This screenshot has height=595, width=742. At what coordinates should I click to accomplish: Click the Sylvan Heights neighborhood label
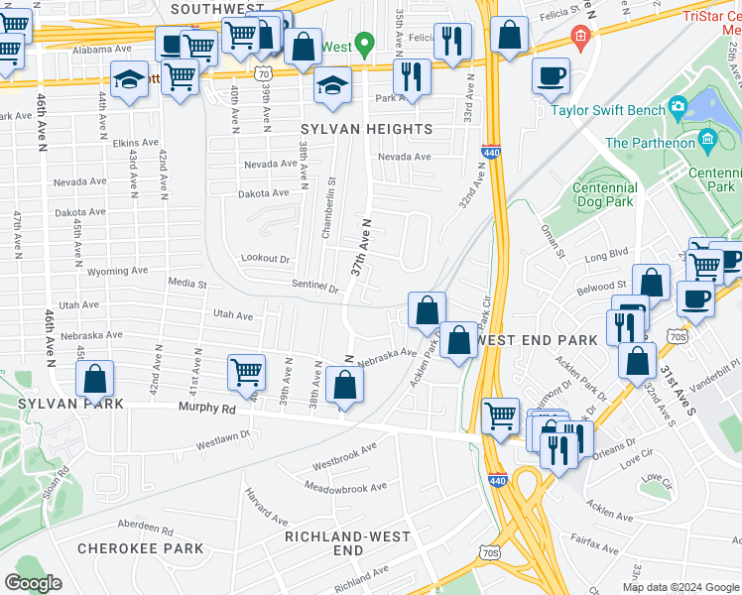[367, 129]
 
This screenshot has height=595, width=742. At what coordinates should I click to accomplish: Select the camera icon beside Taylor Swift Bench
[678, 105]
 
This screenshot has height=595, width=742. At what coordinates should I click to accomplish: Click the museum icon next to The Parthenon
[707, 141]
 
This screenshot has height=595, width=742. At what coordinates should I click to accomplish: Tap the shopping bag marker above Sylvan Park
[95, 379]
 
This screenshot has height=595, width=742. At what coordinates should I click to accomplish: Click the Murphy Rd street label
[206, 408]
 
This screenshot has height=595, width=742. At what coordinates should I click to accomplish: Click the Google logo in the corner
[34, 583]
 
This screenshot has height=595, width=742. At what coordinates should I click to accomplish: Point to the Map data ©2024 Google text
[680, 587]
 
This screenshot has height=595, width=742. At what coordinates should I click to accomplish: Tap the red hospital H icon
[580, 40]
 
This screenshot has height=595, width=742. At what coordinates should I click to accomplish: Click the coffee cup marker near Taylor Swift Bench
[551, 75]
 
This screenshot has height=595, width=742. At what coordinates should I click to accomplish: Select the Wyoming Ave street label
[117, 271]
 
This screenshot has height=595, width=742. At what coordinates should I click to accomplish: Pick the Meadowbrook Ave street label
[345, 488]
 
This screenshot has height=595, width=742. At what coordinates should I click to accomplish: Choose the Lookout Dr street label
[265, 258]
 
